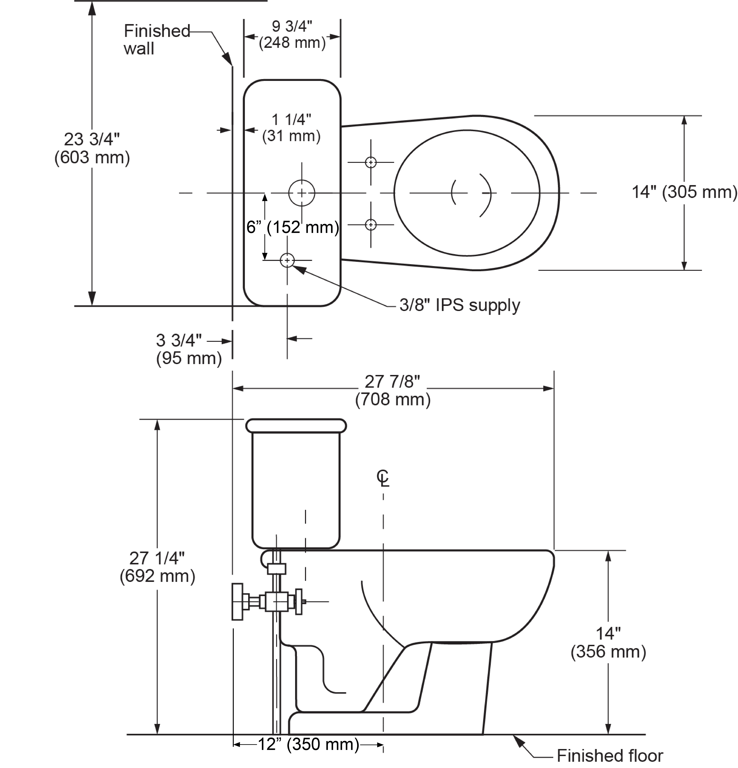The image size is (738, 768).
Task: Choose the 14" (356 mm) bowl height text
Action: click(608, 643)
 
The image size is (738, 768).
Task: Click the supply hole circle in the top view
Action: click(287, 260)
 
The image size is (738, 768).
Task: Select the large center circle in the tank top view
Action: click(301, 193)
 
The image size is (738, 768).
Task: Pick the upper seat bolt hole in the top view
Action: click(370, 162)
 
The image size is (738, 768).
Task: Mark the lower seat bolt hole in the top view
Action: click(370, 225)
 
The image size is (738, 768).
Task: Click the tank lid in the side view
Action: click(296, 426)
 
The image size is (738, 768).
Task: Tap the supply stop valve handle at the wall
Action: click(237, 601)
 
